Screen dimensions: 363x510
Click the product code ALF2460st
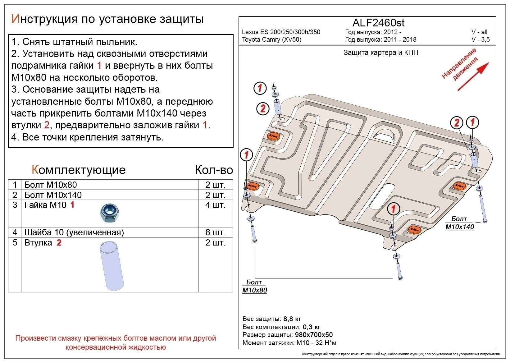tap(378, 23)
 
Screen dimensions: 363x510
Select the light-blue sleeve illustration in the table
tap(112, 266)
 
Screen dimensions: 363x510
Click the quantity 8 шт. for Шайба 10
tap(215, 232)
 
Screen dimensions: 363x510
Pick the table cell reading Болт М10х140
tap(53, 195)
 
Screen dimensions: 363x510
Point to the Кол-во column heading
tap(214, 170)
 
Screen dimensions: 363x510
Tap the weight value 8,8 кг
tap(292, 319)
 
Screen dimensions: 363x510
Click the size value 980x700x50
tap(313, 335)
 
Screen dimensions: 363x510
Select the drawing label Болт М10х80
tap(254, 286)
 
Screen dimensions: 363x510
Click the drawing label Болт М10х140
tap(459, 223)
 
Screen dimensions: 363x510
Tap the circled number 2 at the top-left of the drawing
tap(263, 108)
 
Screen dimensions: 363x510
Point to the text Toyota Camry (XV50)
tap(271, 39)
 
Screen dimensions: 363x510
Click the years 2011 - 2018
tap(400, 39)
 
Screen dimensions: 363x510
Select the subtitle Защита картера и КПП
tap(380, 53)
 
